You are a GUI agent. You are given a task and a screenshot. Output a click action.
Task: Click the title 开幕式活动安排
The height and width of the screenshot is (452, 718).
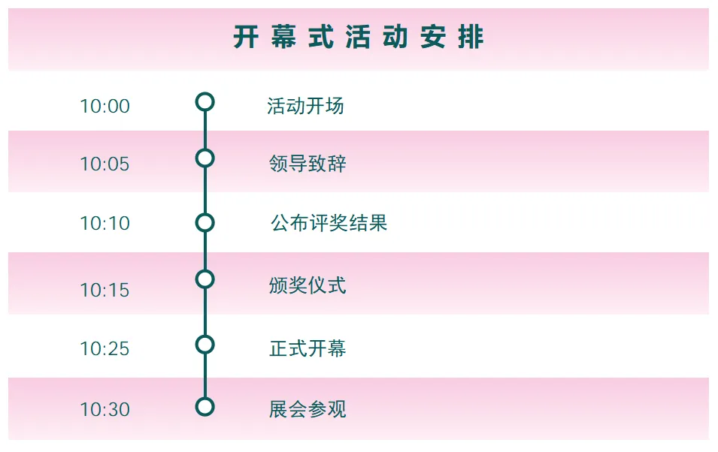point(358,38)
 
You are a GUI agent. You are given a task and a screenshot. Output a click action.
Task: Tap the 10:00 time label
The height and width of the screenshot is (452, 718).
point(105,107)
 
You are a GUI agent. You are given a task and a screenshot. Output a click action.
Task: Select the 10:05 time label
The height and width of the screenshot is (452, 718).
point(105,164)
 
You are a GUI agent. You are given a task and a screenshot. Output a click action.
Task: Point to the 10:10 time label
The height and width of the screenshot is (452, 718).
point(105,224)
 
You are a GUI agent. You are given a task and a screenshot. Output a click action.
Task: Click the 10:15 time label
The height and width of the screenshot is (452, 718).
point(105,290)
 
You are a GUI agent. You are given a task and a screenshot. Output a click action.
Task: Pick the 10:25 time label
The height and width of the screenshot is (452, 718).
point(105,349)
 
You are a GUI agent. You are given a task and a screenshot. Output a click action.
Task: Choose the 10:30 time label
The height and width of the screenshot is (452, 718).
point(105,410)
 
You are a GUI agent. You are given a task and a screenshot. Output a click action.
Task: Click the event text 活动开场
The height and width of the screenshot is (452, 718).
point(305,106)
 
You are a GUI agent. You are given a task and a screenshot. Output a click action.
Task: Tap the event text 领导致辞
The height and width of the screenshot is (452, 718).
point(307,164)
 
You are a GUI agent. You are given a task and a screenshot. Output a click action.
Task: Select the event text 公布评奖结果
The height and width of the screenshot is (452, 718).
point(329,223)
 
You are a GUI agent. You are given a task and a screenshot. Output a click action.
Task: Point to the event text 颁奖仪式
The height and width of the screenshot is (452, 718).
point(307,285)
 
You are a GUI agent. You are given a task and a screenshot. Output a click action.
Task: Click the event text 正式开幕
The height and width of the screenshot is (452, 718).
point(307,348)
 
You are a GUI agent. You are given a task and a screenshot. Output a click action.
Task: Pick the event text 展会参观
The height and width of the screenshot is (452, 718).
point(307,409)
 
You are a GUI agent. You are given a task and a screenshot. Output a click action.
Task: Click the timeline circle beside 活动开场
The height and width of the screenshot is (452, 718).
point(204,101)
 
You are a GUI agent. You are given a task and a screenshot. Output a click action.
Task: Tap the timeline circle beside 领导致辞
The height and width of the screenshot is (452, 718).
point(204,158)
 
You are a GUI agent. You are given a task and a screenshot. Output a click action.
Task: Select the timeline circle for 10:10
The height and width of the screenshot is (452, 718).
point(204,222)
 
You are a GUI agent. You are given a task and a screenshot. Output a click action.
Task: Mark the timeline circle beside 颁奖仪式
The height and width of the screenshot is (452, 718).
point(204,279)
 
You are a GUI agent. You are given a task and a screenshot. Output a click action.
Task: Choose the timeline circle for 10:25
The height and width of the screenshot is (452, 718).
point(204,345)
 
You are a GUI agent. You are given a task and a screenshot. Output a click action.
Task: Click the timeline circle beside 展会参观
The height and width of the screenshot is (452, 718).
point(204,407)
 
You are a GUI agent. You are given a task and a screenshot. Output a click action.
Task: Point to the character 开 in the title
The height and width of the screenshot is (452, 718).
point(246,38)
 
